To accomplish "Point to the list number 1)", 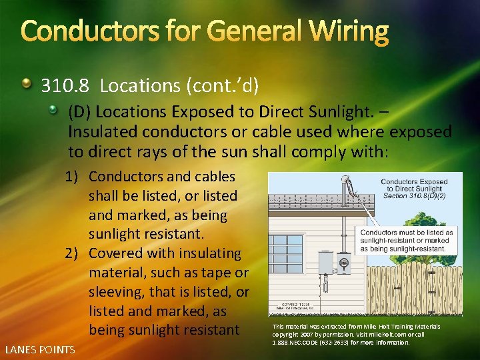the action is [x=73, y=177].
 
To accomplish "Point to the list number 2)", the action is [x=73, y=253].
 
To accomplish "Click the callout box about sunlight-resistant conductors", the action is [x=407, y=240].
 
